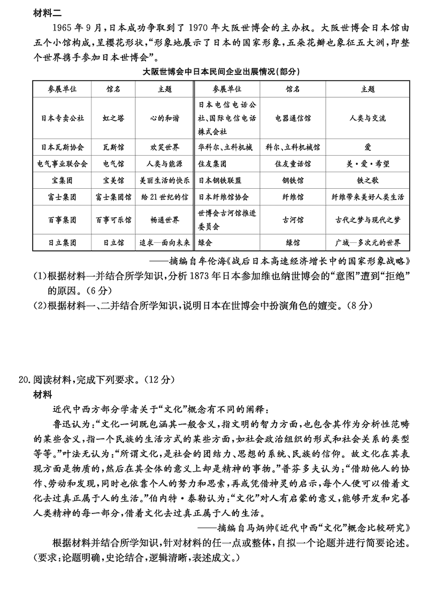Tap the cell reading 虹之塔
pos(113,118)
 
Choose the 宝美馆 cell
pos(113,180)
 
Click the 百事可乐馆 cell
pos(113,219)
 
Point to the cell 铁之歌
pos(368,180)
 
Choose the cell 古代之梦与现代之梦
pos(368,219)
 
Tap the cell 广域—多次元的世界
pos(368,242)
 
